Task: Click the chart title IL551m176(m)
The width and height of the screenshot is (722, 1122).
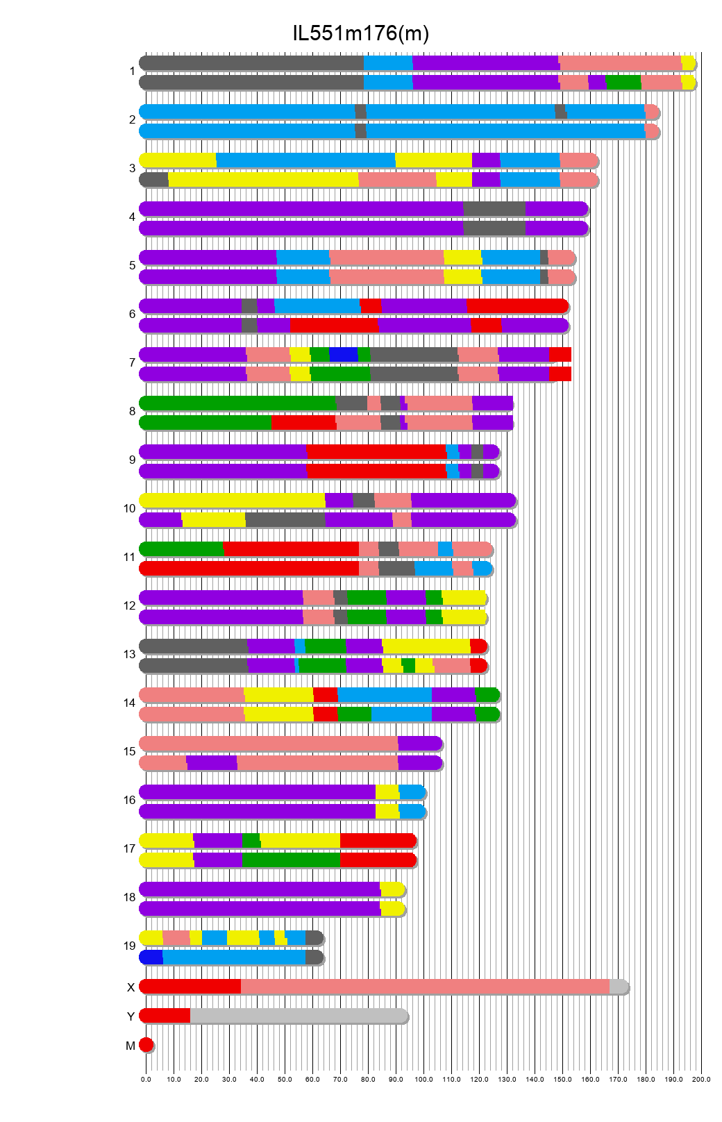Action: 360,33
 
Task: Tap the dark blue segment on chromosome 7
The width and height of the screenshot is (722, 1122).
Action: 343,354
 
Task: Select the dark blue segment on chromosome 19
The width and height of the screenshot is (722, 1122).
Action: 151,957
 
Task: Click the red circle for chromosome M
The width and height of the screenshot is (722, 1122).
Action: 146,1045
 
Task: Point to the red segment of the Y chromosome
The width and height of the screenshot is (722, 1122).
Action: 165,1016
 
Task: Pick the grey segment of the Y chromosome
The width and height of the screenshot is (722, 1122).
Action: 299,1016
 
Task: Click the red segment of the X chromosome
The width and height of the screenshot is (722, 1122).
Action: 190,987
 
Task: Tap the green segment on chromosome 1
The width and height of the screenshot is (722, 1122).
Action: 623,83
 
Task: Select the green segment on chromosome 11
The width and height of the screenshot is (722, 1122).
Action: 181,549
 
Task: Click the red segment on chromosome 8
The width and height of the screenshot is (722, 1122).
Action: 303,422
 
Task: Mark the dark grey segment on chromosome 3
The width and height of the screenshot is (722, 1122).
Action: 154,180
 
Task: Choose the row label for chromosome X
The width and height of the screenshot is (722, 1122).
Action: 131,987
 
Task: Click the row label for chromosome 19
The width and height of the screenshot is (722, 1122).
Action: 130,946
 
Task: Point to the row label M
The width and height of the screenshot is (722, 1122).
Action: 131,1046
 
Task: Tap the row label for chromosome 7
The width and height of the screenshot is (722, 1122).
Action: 132,362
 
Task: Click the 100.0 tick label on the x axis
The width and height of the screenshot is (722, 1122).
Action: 423,1080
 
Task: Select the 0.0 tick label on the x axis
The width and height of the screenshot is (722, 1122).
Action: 146,1080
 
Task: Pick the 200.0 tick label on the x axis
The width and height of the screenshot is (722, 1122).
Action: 701,1080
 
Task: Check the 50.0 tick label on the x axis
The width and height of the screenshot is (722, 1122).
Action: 285,1080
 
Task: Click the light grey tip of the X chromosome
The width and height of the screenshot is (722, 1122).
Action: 619,987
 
